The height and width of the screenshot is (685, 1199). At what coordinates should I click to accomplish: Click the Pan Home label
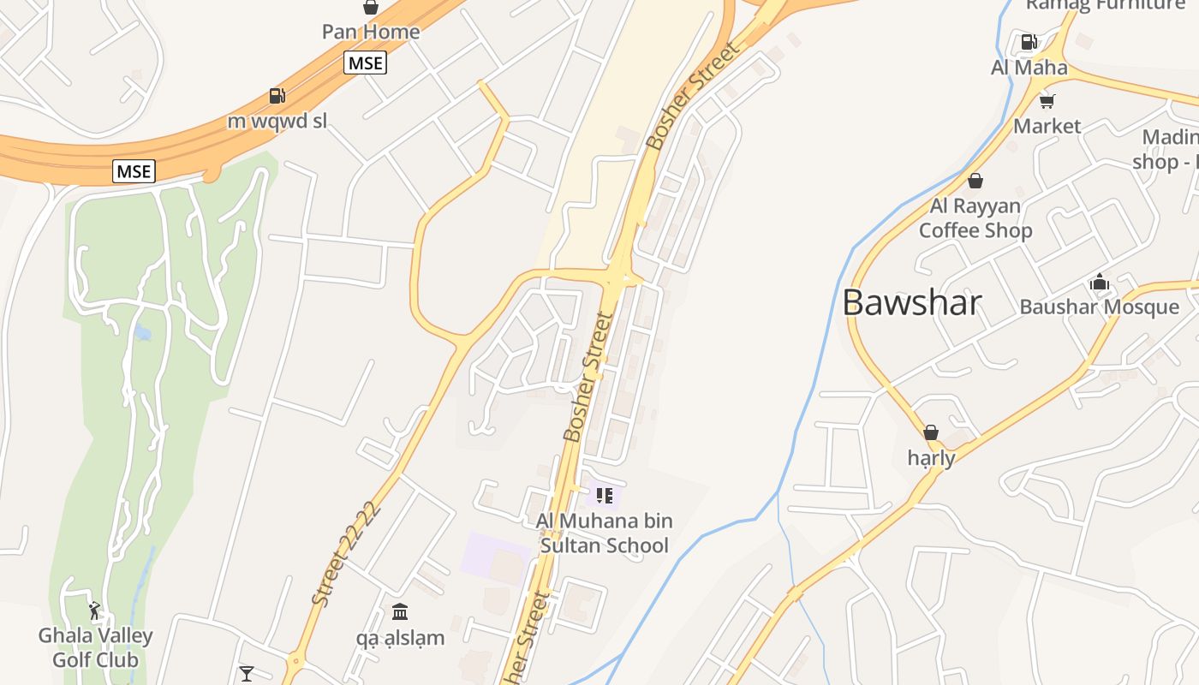(371, 33)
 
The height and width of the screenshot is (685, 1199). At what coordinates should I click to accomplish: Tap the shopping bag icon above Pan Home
(371, 7)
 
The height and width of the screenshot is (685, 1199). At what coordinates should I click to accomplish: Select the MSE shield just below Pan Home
(366, 63)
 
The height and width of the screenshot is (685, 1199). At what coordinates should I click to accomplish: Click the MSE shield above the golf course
(134, 171)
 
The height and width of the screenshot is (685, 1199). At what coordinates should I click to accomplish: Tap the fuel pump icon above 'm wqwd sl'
(277, 96)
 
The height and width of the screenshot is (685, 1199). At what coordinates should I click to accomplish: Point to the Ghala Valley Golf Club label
(95, 647)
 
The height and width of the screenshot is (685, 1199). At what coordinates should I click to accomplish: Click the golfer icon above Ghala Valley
(94, 611)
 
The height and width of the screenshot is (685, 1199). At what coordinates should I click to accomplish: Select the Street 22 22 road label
(346, 554)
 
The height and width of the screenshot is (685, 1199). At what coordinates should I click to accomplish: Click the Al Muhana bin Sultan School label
(604, 533)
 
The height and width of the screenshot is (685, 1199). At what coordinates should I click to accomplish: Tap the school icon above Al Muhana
(605, 496)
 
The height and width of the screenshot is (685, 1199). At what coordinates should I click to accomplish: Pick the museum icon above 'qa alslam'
(400, 612)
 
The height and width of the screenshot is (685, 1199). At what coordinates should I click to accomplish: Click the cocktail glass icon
(247, 674)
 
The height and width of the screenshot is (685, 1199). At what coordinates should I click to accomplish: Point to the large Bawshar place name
(911, 303)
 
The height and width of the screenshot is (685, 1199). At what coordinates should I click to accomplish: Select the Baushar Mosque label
(1099, 307)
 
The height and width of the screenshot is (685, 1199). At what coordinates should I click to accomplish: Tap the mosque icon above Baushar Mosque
(1099, 282)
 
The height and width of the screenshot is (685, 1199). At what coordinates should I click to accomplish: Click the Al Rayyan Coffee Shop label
(975, 218)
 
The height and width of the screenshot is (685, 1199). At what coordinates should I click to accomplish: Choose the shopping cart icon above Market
(1047, 101)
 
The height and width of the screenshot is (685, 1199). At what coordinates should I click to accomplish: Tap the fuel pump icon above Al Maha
(1029, 41)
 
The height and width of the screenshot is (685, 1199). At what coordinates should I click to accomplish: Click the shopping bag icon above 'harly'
(931, 432)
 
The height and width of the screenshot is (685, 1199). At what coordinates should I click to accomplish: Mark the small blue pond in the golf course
(143, 332)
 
